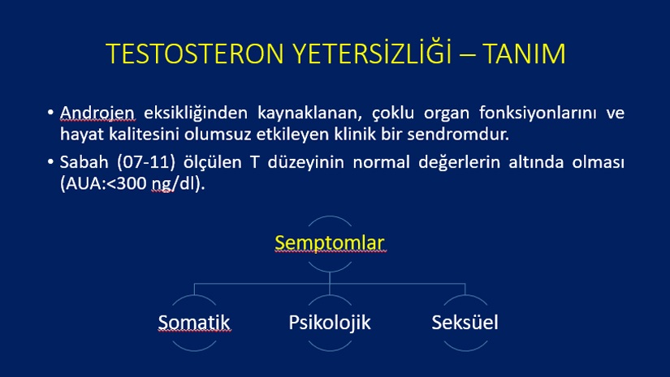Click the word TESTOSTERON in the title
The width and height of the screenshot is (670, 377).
coord(195,54)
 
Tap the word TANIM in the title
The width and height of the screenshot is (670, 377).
coord(525,54)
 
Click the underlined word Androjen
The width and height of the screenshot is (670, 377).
coord(97,113)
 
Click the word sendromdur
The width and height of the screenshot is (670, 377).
coord(458,135)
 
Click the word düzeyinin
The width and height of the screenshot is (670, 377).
coord(306,162)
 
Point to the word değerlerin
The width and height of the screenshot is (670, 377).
coord(459,162)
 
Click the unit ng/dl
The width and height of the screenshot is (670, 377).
coord(174,184)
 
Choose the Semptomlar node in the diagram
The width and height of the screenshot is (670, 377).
coord(330,242)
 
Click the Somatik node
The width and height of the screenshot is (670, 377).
coord(194,323)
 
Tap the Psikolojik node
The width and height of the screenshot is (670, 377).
coord(330,323)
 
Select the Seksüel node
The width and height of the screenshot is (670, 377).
coord(465,323)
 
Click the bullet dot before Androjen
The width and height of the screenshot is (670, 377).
coord(50,113)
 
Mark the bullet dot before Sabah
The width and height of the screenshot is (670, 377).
coord(50,162)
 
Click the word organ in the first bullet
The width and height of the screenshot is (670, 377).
coord(446,114)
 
